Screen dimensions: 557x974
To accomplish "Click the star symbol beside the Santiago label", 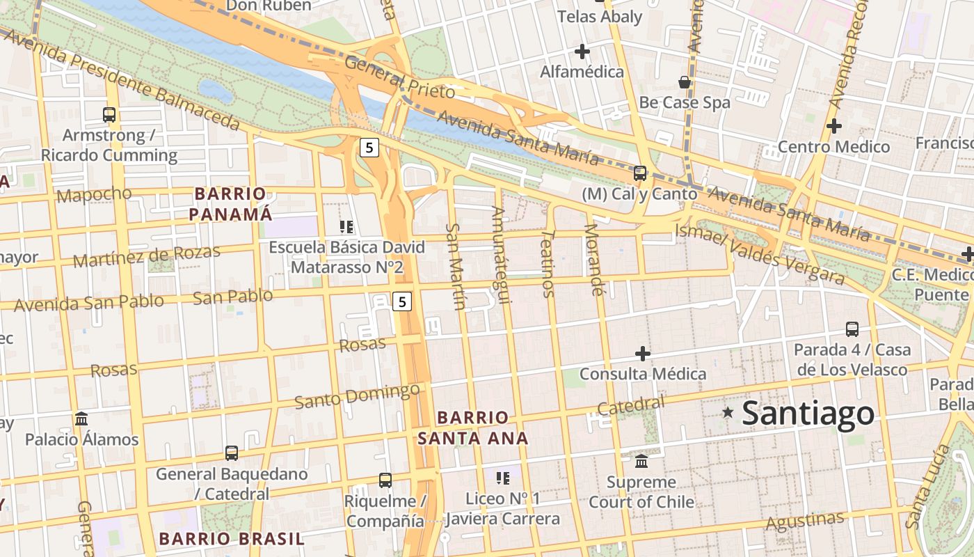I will click(x=728, y=412).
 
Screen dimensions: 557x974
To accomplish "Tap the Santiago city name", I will click(x=808, y=413).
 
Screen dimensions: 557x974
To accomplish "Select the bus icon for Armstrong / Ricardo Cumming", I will click(x=109, y=115).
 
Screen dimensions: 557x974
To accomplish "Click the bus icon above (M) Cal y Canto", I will click(x=639, y=173).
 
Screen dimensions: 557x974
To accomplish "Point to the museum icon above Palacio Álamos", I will click(x=81, y=419).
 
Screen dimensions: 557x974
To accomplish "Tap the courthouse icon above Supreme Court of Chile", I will click(x=641, y=461).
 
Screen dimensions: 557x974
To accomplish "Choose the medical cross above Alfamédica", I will click(x=582, y=52).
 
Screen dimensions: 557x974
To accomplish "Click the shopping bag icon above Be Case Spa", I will click(x=685, y=82).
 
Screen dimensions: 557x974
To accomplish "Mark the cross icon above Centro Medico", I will click(x=833, y=126).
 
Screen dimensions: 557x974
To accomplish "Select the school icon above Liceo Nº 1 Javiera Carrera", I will click(x=503, y=478).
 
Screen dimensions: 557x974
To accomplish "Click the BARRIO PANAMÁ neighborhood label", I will click(x=230, y=204).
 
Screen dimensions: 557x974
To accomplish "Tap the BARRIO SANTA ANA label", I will click(x=472, y=427).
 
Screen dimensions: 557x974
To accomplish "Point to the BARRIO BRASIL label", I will click(x=232, y=538).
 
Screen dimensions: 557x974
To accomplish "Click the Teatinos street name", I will click(x=548, y=264).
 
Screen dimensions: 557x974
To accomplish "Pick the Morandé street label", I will click(x=593, y=259).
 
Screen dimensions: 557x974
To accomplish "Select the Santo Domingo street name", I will click(x=357, y=396).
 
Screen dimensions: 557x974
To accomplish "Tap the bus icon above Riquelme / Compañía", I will click(x=385, y=480).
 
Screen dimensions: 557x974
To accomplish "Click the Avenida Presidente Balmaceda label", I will click(x=122, y=79).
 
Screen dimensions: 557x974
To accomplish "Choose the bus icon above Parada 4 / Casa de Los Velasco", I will click(x=852, y=329).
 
